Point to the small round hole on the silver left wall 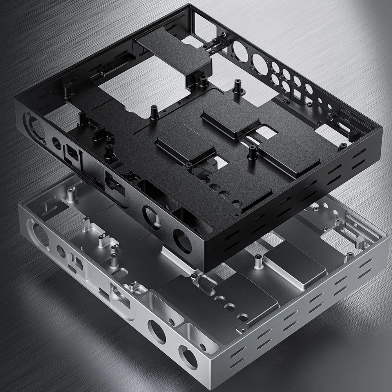61,251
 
